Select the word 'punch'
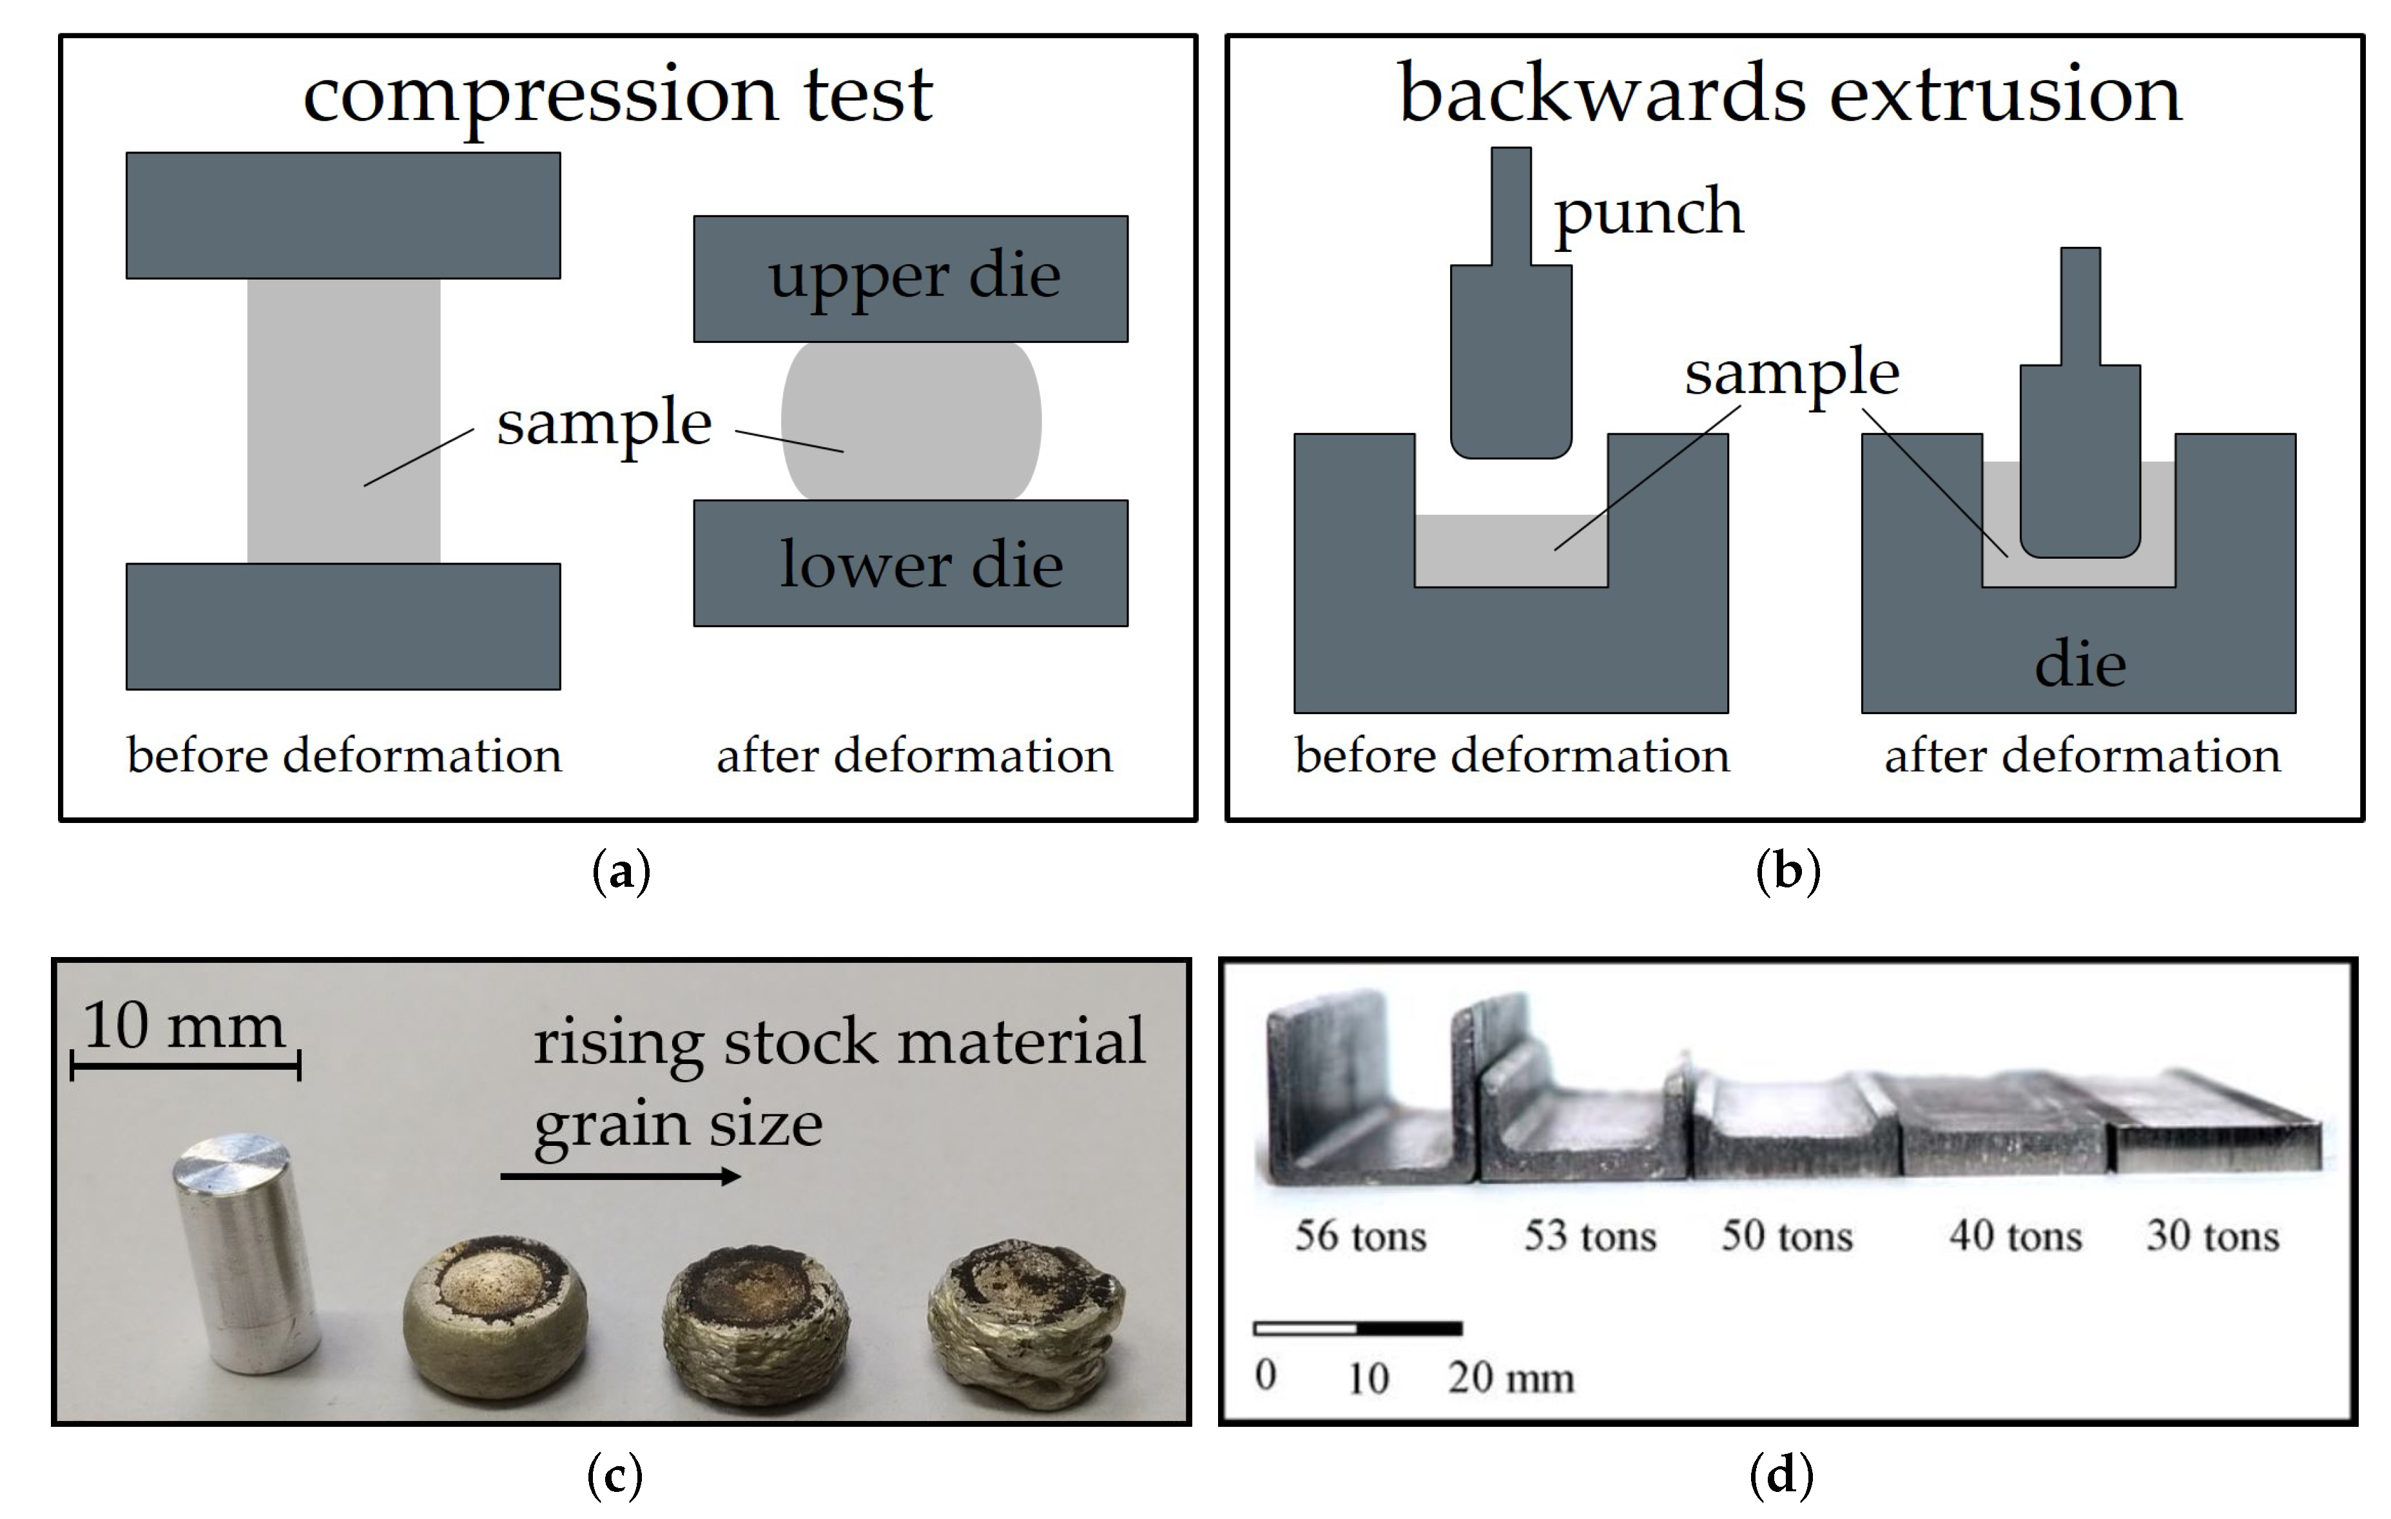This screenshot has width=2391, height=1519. click(1649, 213)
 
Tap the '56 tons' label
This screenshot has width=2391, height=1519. click(1360, 1236)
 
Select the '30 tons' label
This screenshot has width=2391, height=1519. click(2212, 1236)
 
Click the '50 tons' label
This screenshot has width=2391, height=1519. click(1786, 1236)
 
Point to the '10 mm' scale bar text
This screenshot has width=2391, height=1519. click(184, 1025)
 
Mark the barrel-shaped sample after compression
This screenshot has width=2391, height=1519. click(911, 421)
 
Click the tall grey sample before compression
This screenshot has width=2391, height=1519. click(343, 421)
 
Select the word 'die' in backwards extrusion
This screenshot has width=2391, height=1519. click(2080, 665)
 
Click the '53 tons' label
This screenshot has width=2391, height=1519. click(1590, 1236)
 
